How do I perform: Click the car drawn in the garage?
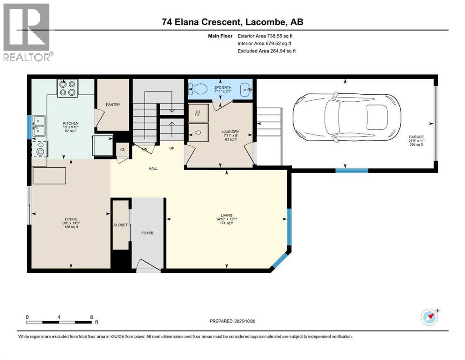point(347,119)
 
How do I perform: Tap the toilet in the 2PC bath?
point(199,88)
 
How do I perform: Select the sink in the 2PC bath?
point(245,89)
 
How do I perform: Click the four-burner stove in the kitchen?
point(67,88)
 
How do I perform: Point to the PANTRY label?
point(113,105)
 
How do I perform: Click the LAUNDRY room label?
point(231,132)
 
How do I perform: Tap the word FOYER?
point(148,233)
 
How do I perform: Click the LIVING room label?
point(227,215)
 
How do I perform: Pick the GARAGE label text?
point(416,137)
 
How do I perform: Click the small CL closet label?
point(123,150)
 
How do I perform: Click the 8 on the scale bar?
point(91,317)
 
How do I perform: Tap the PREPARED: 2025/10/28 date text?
point(232,321)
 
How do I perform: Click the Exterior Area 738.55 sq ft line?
point(265,36)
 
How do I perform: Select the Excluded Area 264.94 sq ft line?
point(266,51)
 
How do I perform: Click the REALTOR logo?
point(27,32)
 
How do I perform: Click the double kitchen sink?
point(38,126)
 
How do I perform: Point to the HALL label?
point(153,169)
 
